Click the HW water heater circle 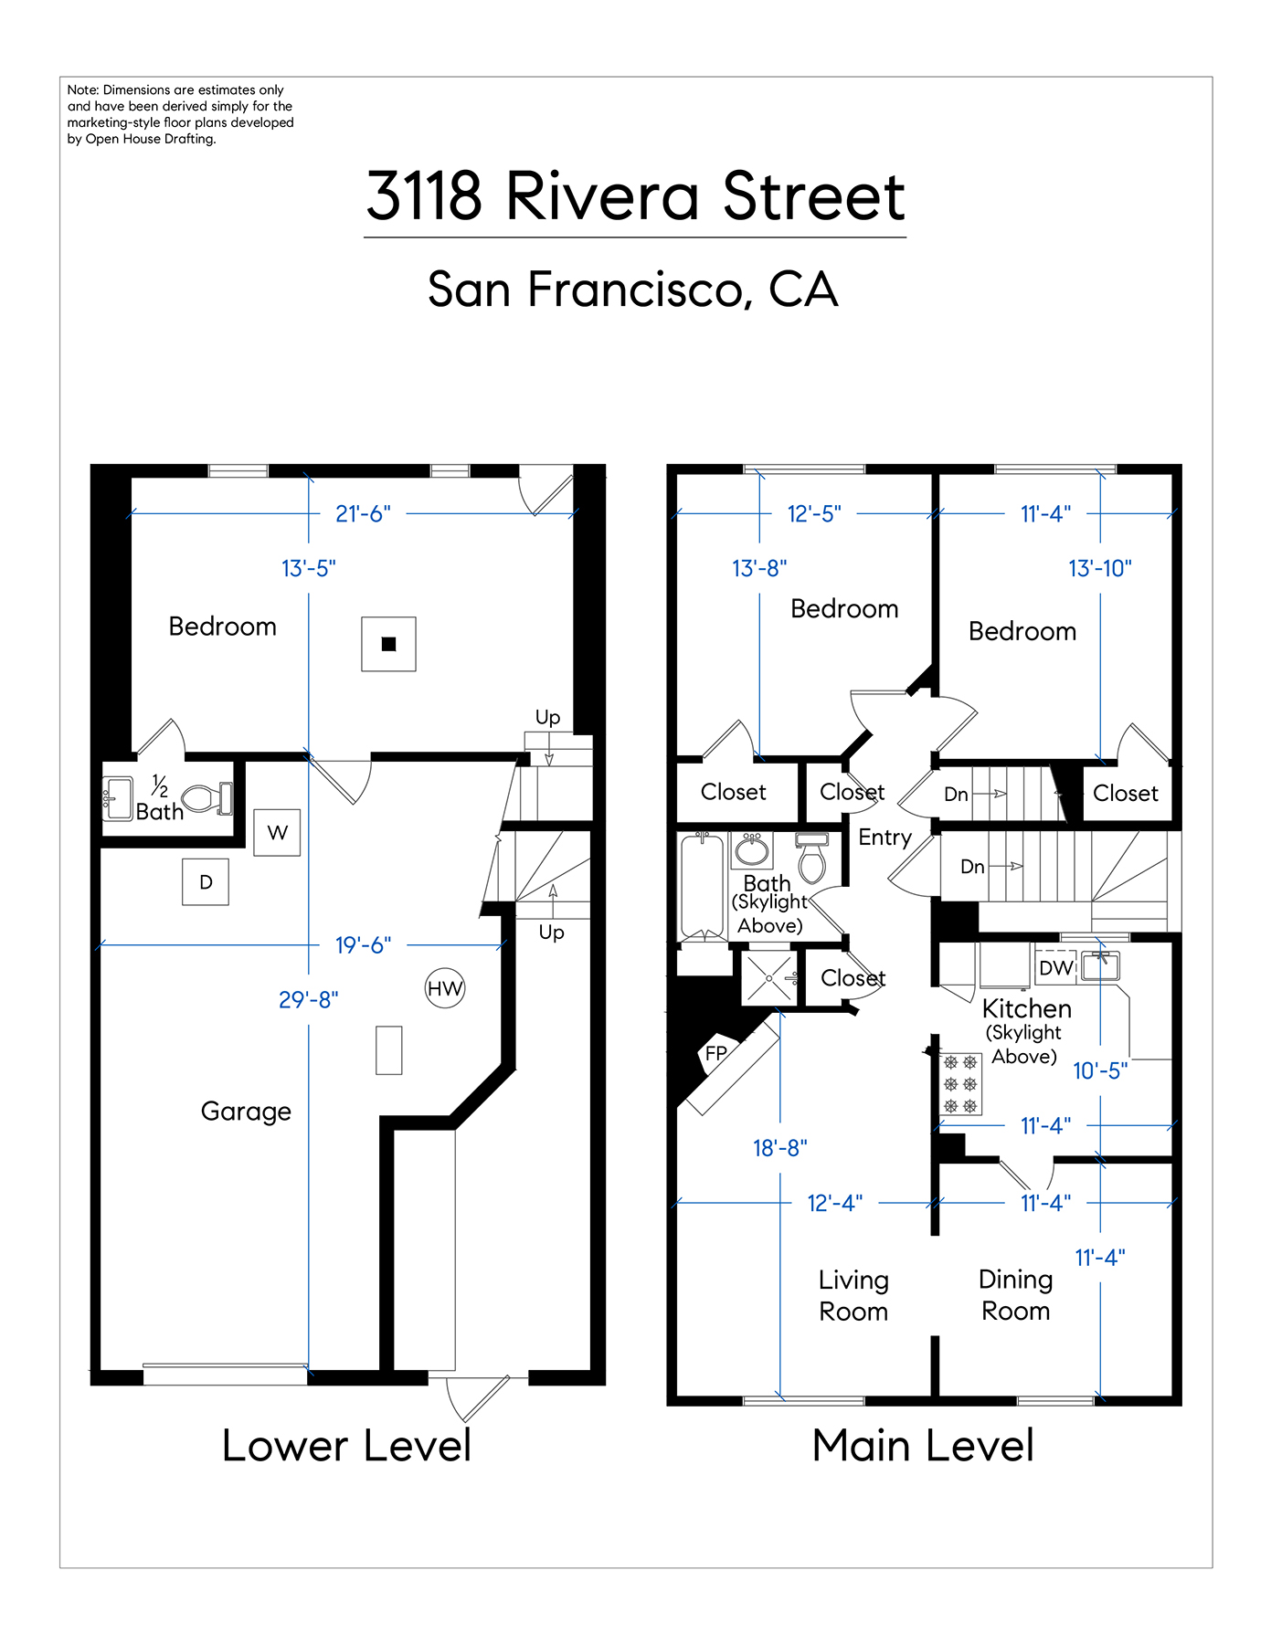(x=445, y=988)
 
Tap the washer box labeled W (x=277, y=832)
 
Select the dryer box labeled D (x=206, y=881)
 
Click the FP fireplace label (x=716, y=1053)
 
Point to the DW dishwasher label (x=1056, y=968)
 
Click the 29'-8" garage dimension (x=309, y=1000)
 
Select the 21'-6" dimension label (x=363, y=514)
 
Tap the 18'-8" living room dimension (x=780, y=1148)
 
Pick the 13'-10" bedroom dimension (x=1100, y=568)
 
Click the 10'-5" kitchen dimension (x=1100, y=1070)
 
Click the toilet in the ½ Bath (x=207, y=799)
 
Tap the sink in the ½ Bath (x=118, y=799)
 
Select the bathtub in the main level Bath (x=703, y=887)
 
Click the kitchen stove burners (x=960, y=1084)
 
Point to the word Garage (x=246, y=1112)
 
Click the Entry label (x=884, y=838)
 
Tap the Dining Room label (x=1016, y=1295)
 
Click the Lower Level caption (x=346, y=1446)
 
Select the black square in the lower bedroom (x=388, y=644)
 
